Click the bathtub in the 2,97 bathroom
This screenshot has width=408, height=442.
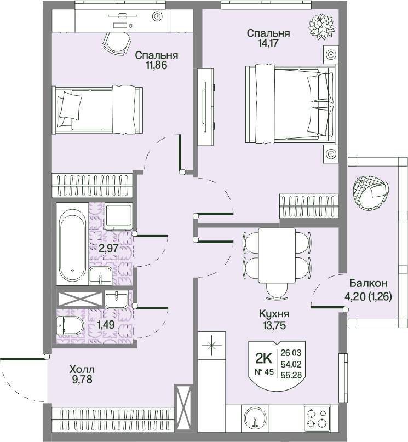pos(72,244)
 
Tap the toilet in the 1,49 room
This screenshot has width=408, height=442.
pos(70,326)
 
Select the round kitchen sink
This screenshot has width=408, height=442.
pos(255,419)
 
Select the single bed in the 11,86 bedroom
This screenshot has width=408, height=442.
pos(97,110)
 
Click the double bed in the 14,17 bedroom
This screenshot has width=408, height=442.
pos(290,104)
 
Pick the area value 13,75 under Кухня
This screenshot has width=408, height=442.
pos(274,325)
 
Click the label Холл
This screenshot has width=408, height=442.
pos(82,369)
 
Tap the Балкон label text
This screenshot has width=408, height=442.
pos(369,283)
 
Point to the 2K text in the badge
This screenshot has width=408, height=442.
pos(263,359)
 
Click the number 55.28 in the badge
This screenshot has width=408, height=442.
pos(291,375)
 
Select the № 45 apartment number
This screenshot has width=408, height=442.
pos(264,372)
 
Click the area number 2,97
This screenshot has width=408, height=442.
pos(108,248)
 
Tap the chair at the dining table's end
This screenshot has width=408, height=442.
pos(277,291)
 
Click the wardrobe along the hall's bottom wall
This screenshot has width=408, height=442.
pos(113,422)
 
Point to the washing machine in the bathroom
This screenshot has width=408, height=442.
pos(119,216)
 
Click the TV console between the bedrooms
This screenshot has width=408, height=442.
pos(205,107)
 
